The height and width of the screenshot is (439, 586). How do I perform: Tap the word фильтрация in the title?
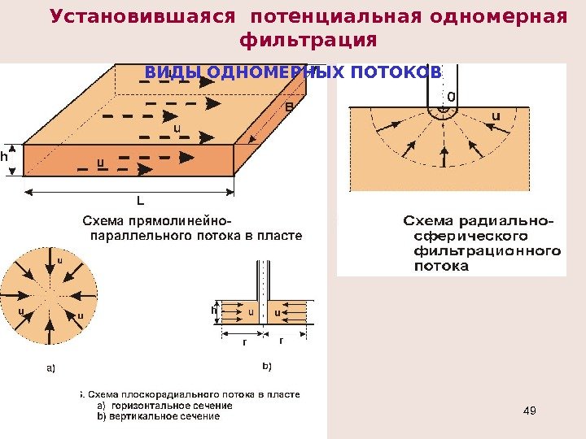(309, 40)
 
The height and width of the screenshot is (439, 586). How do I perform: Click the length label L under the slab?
(140, 199)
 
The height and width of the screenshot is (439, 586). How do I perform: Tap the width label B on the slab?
(288, 106)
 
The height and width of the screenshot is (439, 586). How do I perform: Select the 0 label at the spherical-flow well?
(452, 97)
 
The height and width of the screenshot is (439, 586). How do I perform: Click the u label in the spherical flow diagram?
(495, 116)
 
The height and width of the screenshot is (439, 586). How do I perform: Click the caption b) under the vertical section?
(266, 367)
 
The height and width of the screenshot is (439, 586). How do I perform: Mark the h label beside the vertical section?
(214, 310)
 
